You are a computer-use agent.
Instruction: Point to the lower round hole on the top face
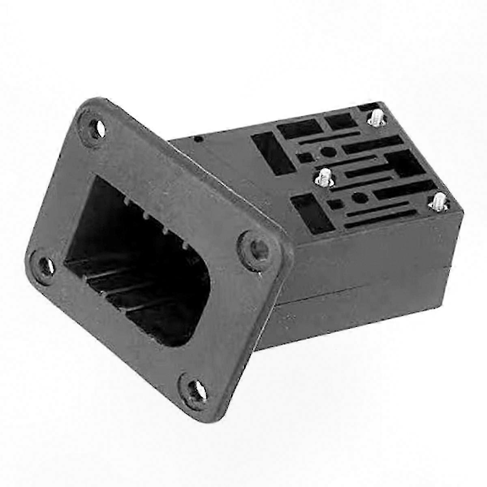[358, 199]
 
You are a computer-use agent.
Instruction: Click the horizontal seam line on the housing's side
[365, 276]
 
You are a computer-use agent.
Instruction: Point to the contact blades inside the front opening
[122, 284]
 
